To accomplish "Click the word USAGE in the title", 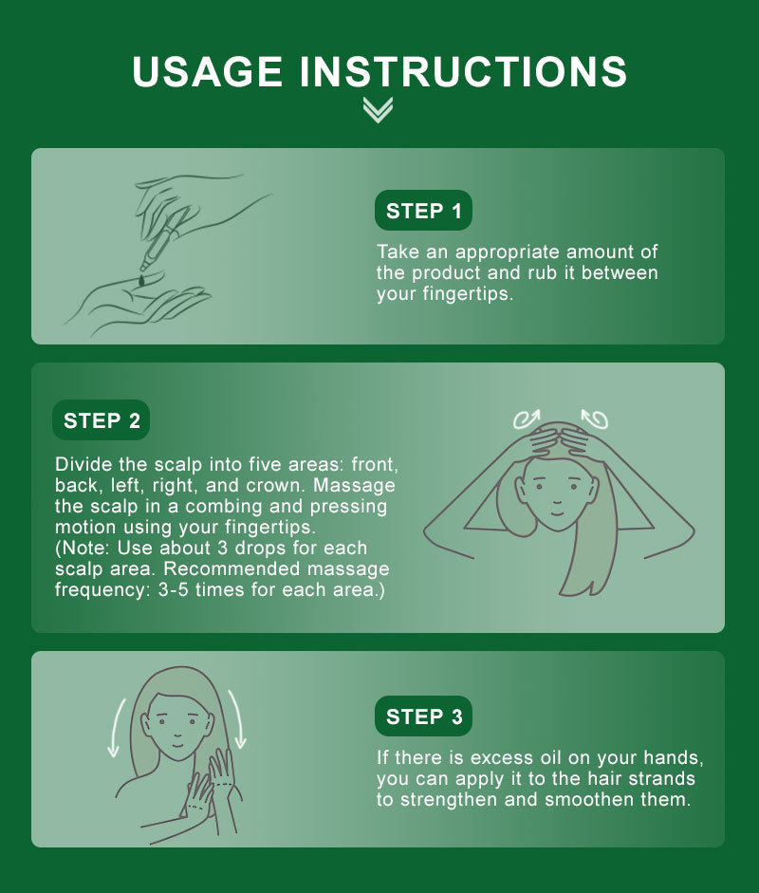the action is pos(207,72).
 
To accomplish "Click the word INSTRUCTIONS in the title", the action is pos(463,72).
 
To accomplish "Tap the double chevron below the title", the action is pos(378,110).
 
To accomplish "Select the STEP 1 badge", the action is pos(423,211).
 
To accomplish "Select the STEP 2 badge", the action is pos(102,420).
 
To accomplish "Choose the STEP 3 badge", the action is pos(423,716).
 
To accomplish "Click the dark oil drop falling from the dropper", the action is pos(141,280).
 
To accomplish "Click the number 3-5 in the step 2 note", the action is pos(173,589).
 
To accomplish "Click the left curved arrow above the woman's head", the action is pos(527,419).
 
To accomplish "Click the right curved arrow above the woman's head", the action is pos(595,419).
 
